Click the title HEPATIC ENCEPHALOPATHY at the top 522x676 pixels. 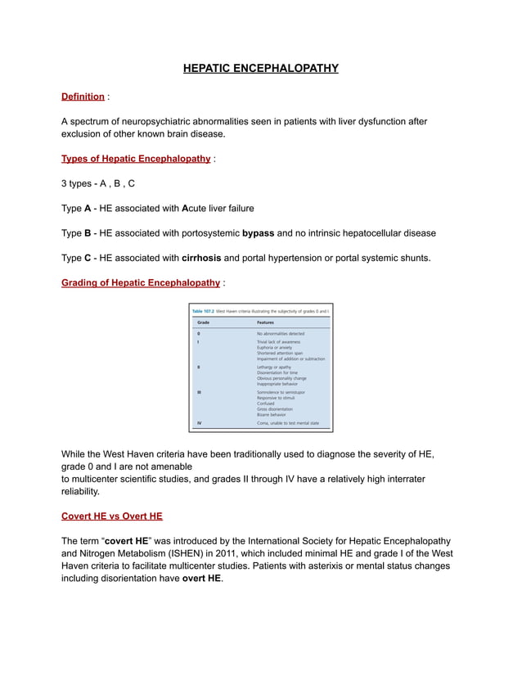(x=260, y=68)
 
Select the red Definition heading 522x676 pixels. (x=83, y=97)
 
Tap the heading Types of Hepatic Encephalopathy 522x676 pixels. (x=136, y=158)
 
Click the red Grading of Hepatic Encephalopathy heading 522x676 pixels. (x=141, y=282)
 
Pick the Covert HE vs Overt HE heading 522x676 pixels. (x=111, y=516)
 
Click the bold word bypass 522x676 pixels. (x=258, y=233)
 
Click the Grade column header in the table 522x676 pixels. (x=204, y=322)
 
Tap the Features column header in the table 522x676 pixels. (x=266, y=322)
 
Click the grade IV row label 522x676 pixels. (x=200, y=423)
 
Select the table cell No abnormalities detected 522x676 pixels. (x=281, y=334)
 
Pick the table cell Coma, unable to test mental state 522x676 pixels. (x=288, y=423)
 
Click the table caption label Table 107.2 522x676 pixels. (x=203, y=312)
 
